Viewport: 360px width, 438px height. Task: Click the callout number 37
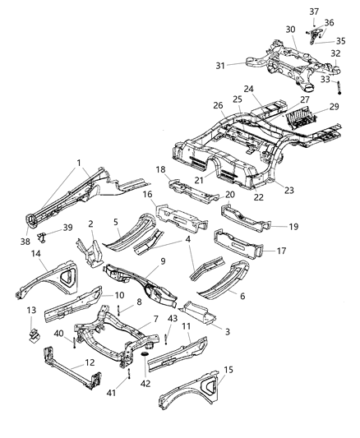[x=312, y=10]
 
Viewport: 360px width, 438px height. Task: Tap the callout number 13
[x=32, y=311]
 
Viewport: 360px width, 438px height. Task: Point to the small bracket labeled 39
[x=44, y=238]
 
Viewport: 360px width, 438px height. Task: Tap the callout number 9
[x=164, y=261]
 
